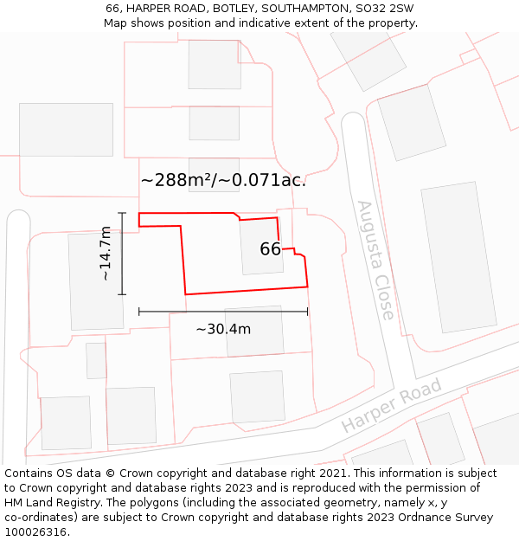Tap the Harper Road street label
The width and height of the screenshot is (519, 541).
pos(391,405)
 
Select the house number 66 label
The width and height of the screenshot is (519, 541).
pos(270,249)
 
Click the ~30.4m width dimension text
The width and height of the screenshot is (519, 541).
pos(223,329)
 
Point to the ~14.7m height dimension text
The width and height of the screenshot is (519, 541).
pos(105,254)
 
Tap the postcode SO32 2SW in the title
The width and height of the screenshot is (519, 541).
pos(384,9)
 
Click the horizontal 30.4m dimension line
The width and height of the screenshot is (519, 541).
pos(223,311)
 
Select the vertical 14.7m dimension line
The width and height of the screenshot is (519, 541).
pos(122,254)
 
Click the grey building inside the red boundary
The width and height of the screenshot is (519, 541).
pos(260,246)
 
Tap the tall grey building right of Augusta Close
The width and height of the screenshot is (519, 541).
pos(458,257)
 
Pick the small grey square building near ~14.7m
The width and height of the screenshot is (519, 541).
pos(96,360)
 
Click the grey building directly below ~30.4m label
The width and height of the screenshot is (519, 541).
pos(257,396)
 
